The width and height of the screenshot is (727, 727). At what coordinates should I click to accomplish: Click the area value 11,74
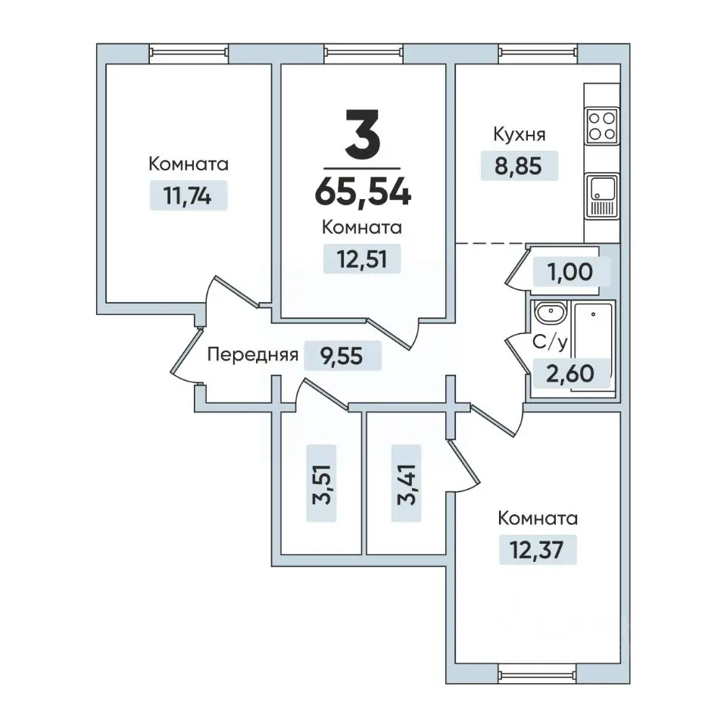[188, 196]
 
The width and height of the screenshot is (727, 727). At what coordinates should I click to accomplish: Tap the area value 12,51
[362, 259]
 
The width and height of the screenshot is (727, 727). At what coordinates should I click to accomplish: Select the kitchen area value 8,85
[518, 166]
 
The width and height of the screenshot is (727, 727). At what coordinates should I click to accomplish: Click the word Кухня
[520, 135]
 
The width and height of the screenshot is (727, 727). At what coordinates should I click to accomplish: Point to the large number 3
[363, 133]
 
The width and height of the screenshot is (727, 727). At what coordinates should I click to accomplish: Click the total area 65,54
[363, 192]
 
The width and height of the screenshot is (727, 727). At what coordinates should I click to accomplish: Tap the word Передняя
[253, 354]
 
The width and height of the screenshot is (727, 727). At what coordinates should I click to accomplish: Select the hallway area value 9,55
[342, 356]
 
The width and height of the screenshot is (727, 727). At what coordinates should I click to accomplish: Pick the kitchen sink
[602, 196]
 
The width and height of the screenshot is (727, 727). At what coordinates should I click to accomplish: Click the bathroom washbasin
[550, 312]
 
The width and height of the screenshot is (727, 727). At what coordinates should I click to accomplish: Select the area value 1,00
[570, 272]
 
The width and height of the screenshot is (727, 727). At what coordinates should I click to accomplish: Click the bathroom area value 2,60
[569, 373]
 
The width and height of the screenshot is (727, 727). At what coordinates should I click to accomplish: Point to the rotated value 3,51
[321, 484]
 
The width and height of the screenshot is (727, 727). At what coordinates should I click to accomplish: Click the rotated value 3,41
[407, 484]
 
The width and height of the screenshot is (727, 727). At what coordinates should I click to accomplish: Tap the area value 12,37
[537, 550]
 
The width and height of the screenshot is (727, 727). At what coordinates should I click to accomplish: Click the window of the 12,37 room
[537, 674]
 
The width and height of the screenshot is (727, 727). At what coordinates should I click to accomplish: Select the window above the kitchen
[538, 53]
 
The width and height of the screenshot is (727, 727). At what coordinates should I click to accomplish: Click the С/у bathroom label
[550, 342]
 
